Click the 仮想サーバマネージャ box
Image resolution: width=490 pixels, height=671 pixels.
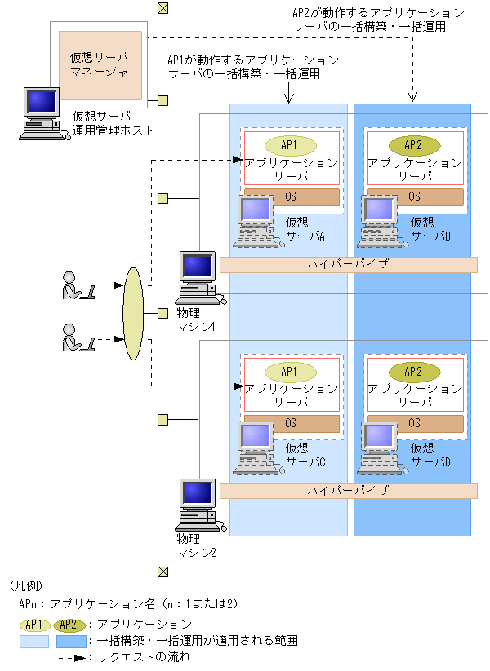tap(100, 65)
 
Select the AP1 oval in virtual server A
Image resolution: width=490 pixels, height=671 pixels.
tap(291, 145)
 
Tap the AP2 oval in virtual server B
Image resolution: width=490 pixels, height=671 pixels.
tap(414, 145)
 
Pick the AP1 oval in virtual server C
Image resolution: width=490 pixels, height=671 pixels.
tap(291, 372)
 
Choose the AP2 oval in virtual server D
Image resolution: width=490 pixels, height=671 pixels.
tap(414, 372)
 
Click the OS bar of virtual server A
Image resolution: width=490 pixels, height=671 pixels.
tap(292, 196)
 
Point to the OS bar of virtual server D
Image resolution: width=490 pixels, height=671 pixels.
tap(416, 424)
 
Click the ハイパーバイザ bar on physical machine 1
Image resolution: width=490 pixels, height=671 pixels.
tap(348, 264)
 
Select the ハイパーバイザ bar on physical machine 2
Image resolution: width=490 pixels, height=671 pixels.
tap(348, 491)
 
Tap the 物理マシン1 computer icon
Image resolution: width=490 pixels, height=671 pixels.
tap(199, 278)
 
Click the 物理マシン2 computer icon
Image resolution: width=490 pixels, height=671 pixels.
tap(199, 505)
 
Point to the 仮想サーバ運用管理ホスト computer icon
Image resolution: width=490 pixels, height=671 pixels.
tap(43, 114)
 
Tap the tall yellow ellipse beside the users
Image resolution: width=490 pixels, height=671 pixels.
tap(133, 314)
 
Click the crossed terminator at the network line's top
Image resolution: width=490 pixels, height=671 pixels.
tap(163, 8)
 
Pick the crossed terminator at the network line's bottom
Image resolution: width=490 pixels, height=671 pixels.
tap(163, 572)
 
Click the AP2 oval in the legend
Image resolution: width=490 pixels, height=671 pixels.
tap(70, 625)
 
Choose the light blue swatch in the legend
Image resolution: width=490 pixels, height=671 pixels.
tap(34, 642)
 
